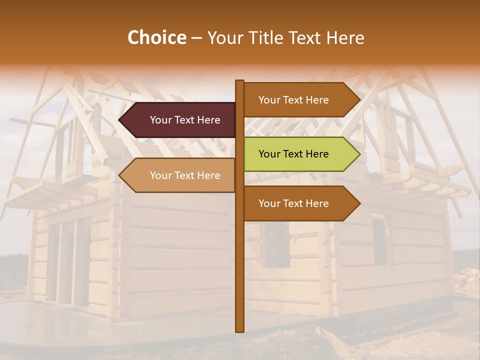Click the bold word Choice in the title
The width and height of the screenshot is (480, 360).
[x=156, y=38]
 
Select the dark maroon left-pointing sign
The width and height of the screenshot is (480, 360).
[x=180, y=120]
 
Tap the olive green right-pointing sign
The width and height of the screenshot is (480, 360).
[x=300, y=154]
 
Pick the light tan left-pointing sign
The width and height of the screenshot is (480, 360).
[x=180, y=175]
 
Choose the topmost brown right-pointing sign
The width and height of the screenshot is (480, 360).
[x=300, y=100]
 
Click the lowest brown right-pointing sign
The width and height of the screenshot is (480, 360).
[x=300, y=203]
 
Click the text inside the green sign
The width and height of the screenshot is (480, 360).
[x=293, y=154]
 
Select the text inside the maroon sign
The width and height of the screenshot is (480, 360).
[x=185, y=120]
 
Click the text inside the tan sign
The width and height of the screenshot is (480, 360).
[x=185, y=175]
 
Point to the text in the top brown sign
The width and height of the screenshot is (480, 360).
[x=293, y=100]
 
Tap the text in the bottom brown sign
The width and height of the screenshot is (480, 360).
[x=293, y=203]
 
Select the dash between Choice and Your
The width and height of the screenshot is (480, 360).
[x=196, y=38]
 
